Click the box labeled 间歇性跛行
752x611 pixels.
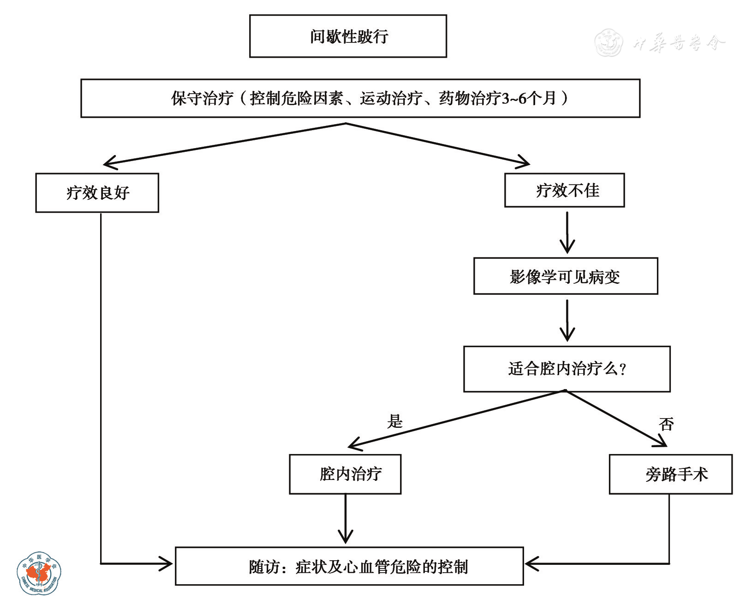(x=348, y=36)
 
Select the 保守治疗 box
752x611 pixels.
(x=360, y=98)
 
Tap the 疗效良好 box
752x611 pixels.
(x=97, y=193)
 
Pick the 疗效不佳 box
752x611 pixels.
(x=564, y=190)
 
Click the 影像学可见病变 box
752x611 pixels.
(x=566, y=276)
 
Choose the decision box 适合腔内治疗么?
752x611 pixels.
(x=567, y=369)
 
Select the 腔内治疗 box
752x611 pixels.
(x=345, y=474)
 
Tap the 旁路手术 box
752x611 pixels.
(x=670, y=474)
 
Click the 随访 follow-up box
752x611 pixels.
(x=349, y=566)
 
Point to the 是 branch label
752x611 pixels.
(x=395, y=421)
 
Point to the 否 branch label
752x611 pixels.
(x=666, y=424)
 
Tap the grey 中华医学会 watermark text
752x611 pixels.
(x=678, y=43)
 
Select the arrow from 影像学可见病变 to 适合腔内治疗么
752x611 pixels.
(x=567, y=320)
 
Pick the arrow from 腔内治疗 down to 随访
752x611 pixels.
(x=345, y=519)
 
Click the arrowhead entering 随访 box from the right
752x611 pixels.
(x=531, y=563)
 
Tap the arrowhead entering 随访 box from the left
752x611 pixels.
(x=166, y=563)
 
